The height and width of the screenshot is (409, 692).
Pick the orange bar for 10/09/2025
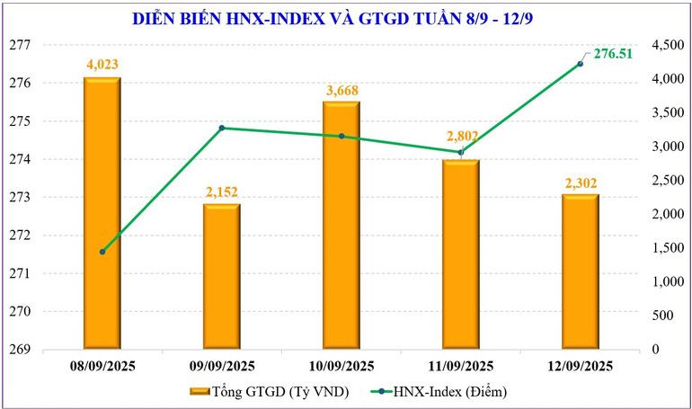pyautogui.click(x=341, y=225)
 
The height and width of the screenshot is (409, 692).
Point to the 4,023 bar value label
pyautogui.click(x=102, y=65)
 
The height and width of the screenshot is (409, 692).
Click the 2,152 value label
pyautogui.click(x=221, y=191)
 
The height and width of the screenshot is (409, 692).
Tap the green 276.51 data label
pyautogui.click(x=614, y=54)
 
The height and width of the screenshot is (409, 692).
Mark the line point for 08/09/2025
pyautogui.click(x=102, y=252)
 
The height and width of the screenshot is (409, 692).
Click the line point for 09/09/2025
pyautogui.click(x=221, y=128)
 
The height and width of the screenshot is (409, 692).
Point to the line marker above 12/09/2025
pyautogui.click(x=580, y=64)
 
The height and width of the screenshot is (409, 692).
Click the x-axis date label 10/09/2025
pyautogui.click(x=341, y=366)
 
